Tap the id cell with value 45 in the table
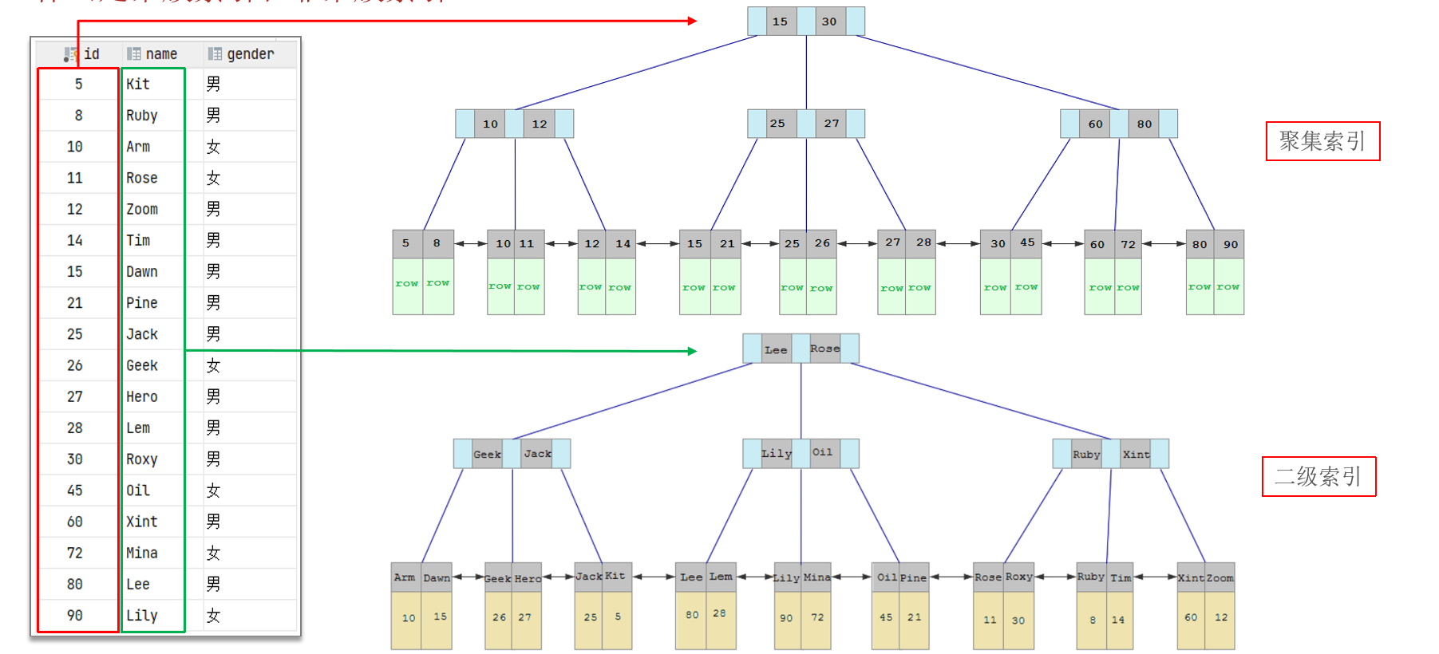(x=74, y=490)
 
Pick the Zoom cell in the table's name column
(x=142, y=209)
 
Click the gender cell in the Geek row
(x=213, y=365)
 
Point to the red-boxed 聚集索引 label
(x=1322, y=141)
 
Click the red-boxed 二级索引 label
(x=1318, y=477)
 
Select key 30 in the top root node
(x=829, y=22)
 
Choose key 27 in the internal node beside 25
(x=832, y=124)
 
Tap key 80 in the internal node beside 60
(x=1144, y=124)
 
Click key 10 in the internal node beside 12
(x=490, y=124)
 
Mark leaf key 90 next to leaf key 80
(x=1231, y=245)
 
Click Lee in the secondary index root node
(x=776, y=349)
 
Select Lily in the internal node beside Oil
(x=776, y=454)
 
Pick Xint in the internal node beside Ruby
(x=1136, y=455)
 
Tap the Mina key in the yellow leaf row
(x=816, y=577)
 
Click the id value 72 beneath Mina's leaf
(x=817, y=618)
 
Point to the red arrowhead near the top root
(x=693, y=21)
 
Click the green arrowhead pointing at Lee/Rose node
(x=693, y=351)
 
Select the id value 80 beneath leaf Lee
(x=692, y=615)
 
